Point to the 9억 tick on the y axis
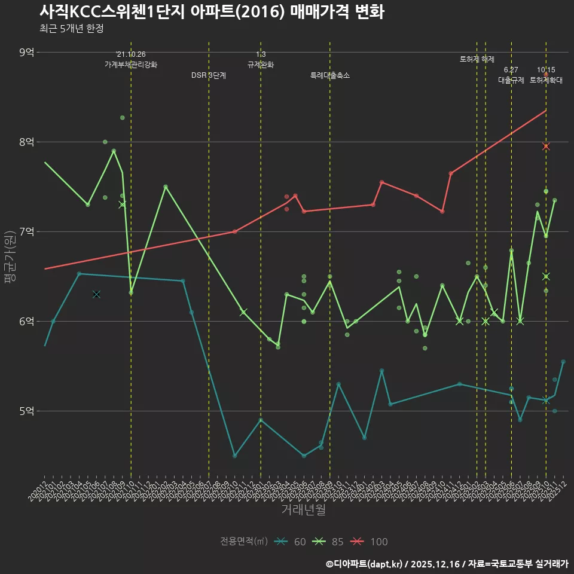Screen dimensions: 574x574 [x=26, y=53]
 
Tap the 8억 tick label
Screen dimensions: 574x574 [x=26, y=142]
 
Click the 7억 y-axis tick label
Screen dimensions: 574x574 [x=26, y=232]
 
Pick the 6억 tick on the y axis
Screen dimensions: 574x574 [x=26, y=322]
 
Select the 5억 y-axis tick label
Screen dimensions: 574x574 [x=26, y=411]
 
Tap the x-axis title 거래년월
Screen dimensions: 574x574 [x=304, y=510]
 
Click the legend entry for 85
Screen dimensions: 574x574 [x=328, y=542]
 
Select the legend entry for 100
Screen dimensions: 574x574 [x=368, y=542]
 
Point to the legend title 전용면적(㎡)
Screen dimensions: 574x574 [x=244, y=542]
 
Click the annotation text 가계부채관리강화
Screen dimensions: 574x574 [x=131, y=65]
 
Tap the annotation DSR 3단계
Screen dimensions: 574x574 [x=209, y=76]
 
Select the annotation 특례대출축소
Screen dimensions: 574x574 [x=330, y=76]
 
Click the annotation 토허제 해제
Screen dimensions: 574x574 [x=477, y=59]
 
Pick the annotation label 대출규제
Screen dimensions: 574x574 [x=511, y=80]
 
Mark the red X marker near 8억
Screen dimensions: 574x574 [x=546, y=146]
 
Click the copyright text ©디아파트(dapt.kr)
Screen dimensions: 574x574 [x=364, y=564]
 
